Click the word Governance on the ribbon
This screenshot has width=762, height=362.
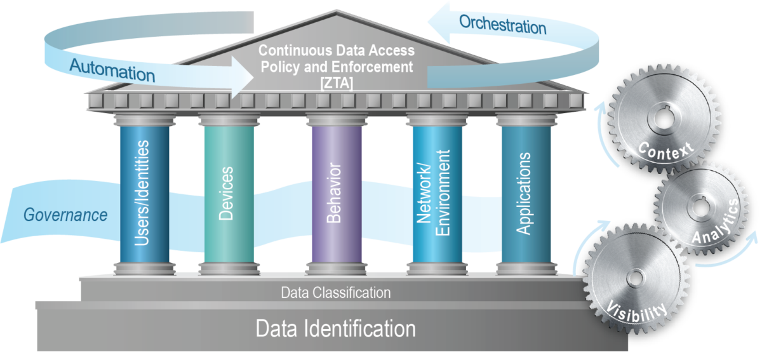[x=65, y=215]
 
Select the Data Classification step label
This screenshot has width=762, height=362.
[x=336, y=293]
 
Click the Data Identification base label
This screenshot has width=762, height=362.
[x=335, y=329]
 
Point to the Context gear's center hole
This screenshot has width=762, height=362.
[x=663, y=118]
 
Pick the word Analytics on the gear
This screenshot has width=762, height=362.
[x=714, y=222]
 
